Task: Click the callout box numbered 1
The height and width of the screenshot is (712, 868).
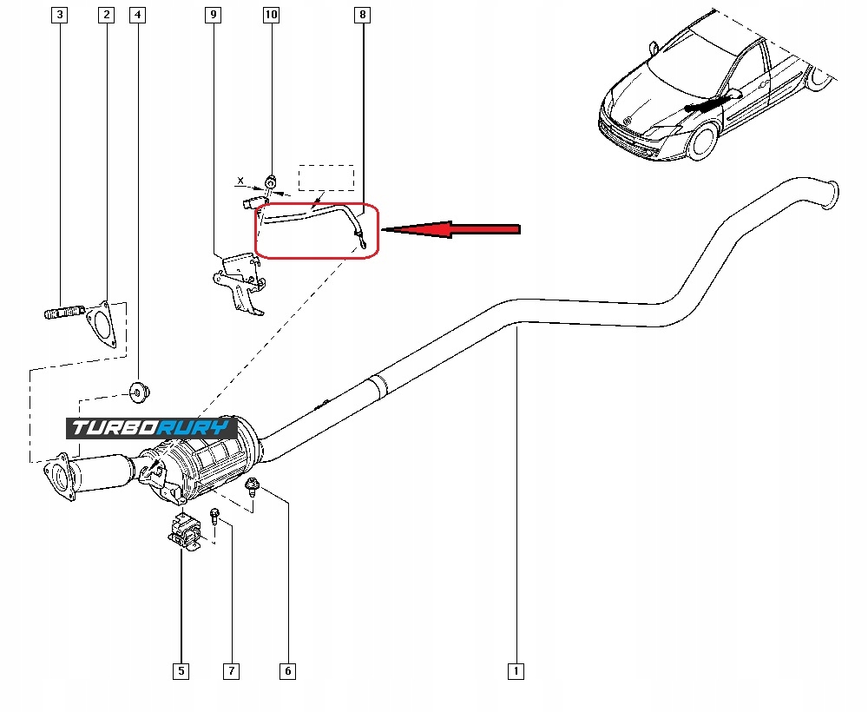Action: (x=516, y=671)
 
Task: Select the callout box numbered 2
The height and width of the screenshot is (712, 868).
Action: (x=106, y=15)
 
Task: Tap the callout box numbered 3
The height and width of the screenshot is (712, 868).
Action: (x=59, y=15)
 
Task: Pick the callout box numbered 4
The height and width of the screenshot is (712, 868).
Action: (x=137, y=15)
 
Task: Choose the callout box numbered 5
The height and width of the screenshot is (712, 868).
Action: (x=181, y=671)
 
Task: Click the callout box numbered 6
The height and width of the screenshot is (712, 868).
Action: (x=287, y=671)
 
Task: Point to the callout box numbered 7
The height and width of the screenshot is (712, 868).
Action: (x=231, y=671)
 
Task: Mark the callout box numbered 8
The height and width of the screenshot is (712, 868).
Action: (x=362, y=15)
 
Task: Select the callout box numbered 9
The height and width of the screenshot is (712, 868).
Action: (x=214, y=15)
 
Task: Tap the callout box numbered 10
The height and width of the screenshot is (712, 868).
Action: (x=271, y=15)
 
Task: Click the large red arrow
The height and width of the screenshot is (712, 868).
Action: (x=451, y=229)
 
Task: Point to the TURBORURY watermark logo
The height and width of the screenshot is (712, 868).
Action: (x=152, y=428)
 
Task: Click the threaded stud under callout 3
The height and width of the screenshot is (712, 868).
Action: (x=63, y=313)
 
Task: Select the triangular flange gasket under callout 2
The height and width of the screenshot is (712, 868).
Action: (x=100, y=325)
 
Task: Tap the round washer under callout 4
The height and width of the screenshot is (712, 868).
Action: (x=139, y=392)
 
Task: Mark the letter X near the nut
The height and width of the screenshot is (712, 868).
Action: (x=240, y=181)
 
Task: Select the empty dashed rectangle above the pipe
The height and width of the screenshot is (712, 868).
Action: (x=326, y=178)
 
